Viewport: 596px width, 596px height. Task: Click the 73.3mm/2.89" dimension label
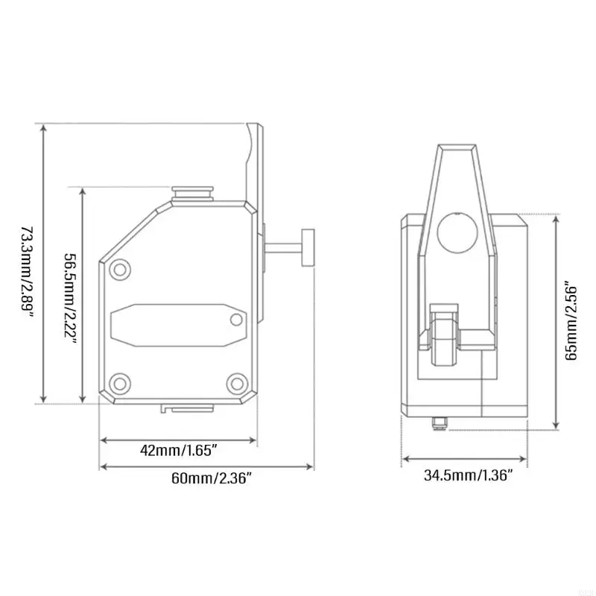pyautogui.click(x=27, y=272)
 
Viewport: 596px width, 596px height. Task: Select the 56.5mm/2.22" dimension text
pyautogui.click(x=70, y=299)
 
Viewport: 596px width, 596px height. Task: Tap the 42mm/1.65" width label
pyautogui.click(x=179, y=451)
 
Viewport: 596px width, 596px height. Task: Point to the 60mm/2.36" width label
pyautogui.click(x=212, y=478)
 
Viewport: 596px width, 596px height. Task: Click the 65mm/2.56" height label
pyautogui.click(x=571, y=321)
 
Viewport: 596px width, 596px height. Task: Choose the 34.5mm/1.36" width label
pyautogui.click(x=469, y=475)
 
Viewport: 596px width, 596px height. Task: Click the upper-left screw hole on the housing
pyautogui.click(x=120, y=270)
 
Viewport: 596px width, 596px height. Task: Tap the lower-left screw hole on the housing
pyautogui.click(x=120, y=383)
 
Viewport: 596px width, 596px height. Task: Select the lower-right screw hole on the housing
pyautogui.click(x=236, y=383)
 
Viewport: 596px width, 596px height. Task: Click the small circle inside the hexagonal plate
pyautogui.click(x=236, y=320)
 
